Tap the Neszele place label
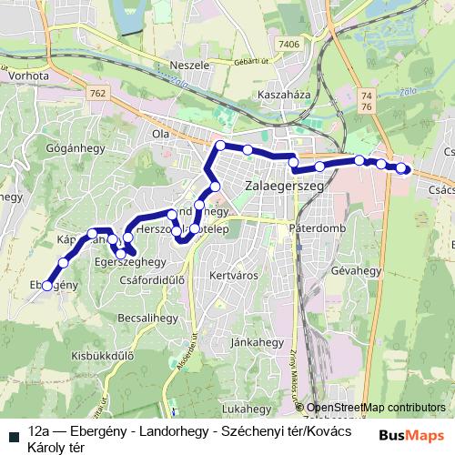(x=189, y=66)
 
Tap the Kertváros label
(x=228, y=273)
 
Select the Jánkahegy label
(x=258, y=342)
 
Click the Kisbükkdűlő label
(x=103, y=356)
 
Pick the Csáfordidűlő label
(x=152, y=280)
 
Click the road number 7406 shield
(x=289, y=44)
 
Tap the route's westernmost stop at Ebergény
(x=47, y=286)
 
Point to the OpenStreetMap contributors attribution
(x=376, y=408)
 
